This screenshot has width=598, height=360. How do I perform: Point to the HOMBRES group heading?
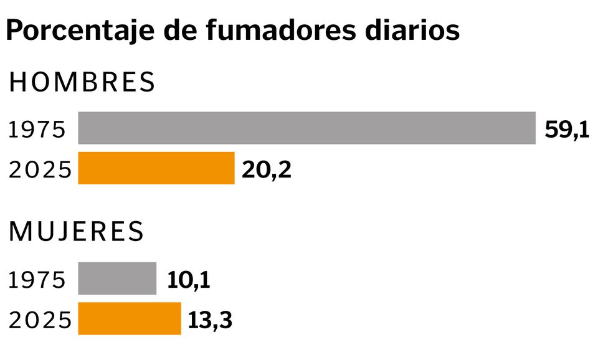click(82, 83)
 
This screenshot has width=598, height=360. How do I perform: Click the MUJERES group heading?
click(77, 232)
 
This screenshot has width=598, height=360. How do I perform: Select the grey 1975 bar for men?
click(306, 128)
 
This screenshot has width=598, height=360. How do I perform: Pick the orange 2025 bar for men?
click(156, 168)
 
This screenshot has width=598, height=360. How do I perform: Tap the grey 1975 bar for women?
click(117, 278)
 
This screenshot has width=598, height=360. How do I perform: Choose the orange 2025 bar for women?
click(130, 318)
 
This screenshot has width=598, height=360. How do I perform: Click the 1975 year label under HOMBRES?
click(37, 130)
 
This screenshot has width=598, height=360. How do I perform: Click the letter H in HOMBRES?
click(18, 83)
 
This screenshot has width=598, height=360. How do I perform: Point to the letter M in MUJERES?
click(21, 232)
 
